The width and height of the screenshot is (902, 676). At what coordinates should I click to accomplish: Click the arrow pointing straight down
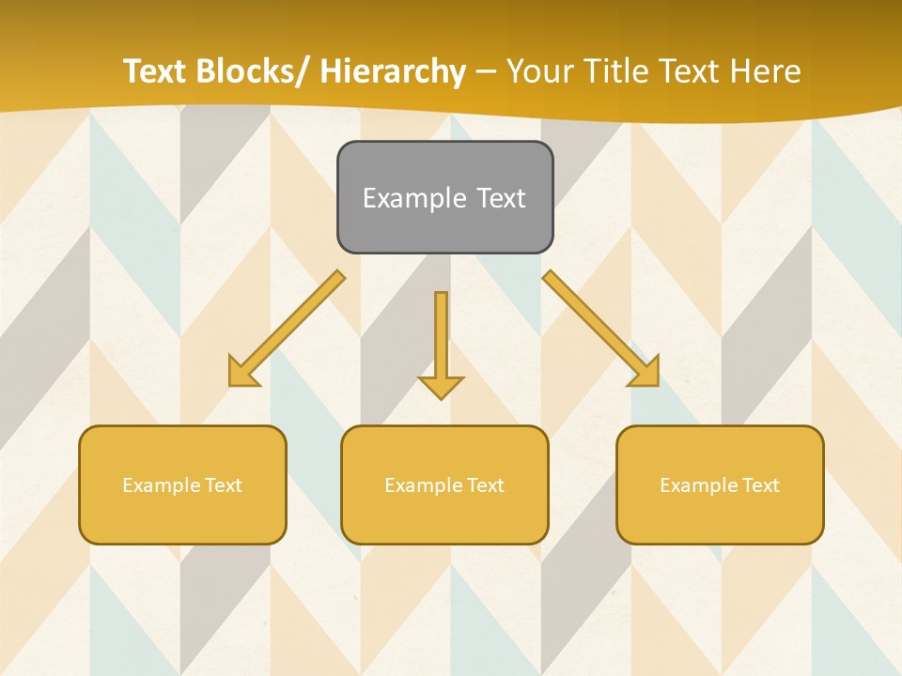441,343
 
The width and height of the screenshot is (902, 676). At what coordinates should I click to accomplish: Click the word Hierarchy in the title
392,71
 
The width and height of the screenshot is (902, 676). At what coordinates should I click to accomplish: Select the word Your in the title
539,71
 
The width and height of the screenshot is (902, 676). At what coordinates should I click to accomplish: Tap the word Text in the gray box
501,198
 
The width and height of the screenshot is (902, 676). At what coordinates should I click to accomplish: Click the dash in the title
486,72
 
